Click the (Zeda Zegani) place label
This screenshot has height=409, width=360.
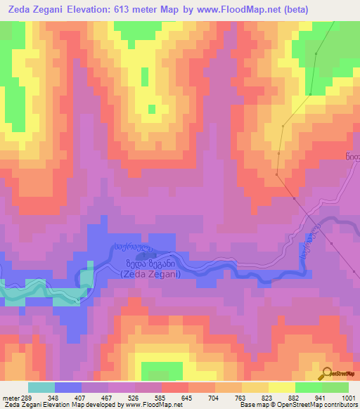(150, 274)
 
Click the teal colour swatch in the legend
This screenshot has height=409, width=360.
(41, 387)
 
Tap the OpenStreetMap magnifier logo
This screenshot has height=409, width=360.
(327, 374)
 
